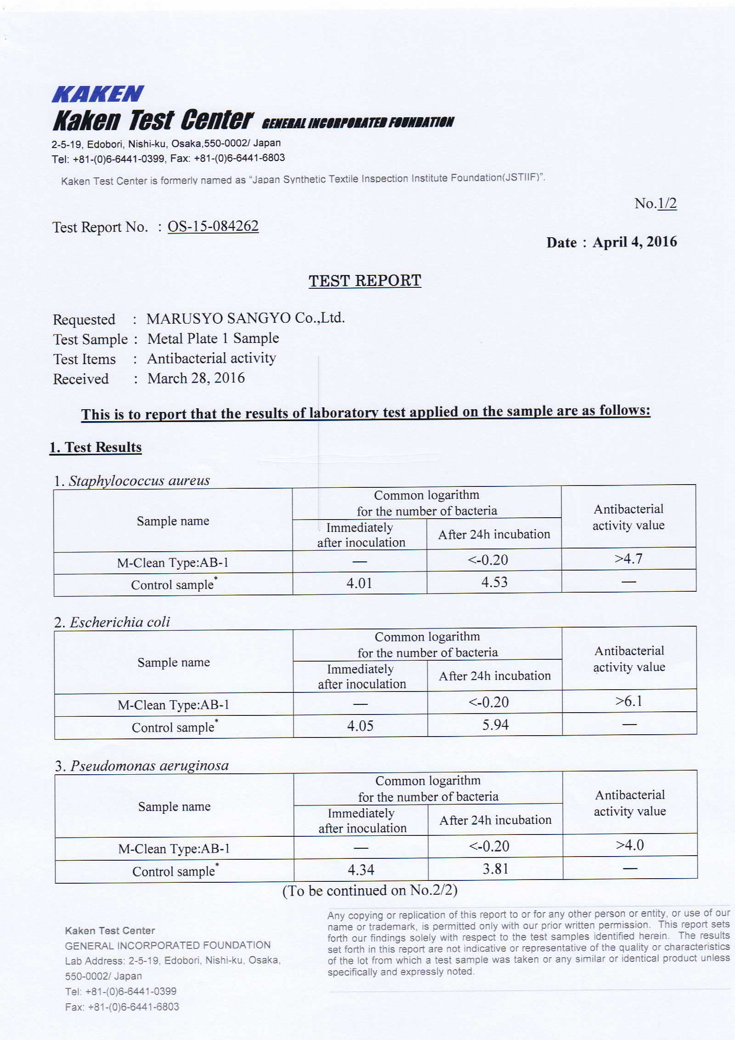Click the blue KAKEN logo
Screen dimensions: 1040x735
click(97, 94)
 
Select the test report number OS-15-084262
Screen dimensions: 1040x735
click(213, 226)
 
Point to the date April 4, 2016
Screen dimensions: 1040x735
click(634, 242)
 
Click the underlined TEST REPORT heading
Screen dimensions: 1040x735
click(365, 280)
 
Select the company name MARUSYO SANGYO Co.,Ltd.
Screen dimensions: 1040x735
click(245, 318)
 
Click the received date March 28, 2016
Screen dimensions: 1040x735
click(196, 378)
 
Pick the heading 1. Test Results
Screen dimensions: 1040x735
click(96, 447)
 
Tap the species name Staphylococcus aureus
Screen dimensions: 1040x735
click(139, 481)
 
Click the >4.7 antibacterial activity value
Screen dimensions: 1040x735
click(628, 559)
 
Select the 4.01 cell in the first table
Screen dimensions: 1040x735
click(359, 583)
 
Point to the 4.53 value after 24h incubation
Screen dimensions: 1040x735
click(494, 582)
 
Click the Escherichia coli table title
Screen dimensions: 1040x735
click(119, 622)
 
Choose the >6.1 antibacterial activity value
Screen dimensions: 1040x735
click(629, 701)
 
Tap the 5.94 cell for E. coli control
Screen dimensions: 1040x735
click(495, 725)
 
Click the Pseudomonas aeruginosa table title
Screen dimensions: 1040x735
click(149, 766)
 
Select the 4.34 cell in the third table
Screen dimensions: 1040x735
click(361, 870)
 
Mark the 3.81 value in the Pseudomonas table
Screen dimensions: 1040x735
click(496, 869)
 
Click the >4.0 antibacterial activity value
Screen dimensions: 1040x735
click(630, 845)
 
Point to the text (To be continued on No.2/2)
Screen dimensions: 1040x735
click(370, 891)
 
